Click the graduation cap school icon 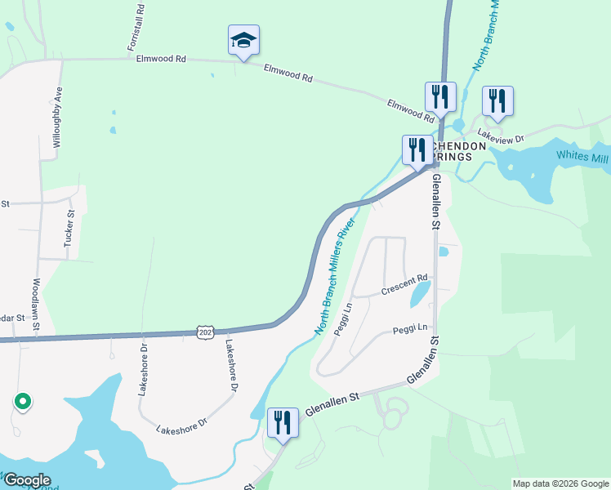coord(243,41)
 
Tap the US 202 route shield coord(205,331)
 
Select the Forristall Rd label coord(136,29)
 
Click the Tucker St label coord(69,228)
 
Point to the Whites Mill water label coord(582,157)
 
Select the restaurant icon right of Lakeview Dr coord(497,101)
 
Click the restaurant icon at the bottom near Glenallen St coord(283,423)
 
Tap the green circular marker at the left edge coord(23,401)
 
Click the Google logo coord(27,479)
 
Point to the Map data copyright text coord(560,483)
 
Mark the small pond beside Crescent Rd coord(420,292)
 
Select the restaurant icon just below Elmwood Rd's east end coord(439,96)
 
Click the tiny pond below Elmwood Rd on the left coord(112,130)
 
